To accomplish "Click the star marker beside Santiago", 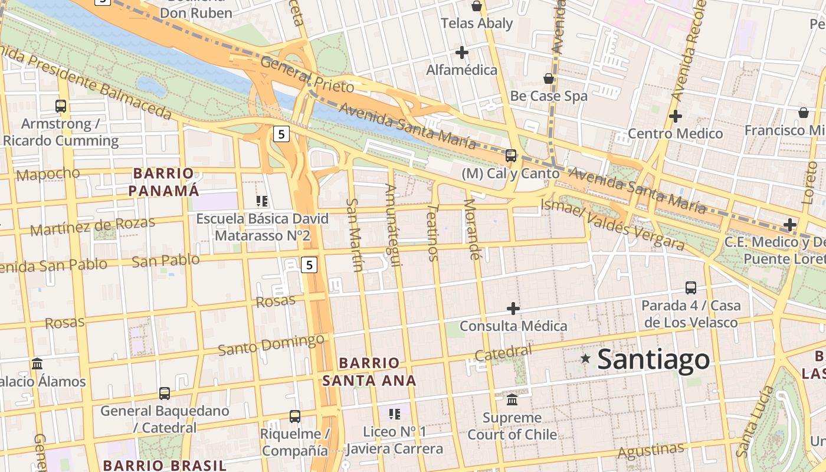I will coord(585,358).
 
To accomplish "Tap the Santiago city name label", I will coord(654,359).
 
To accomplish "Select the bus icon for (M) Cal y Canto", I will coord(511,156).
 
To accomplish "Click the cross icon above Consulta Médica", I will coord(513,308).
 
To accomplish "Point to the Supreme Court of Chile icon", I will coord(512,399).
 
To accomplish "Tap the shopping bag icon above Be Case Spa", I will coord(549,78).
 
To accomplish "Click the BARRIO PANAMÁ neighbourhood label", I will coord(163,182).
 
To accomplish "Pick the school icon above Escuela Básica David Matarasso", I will coord(262,201).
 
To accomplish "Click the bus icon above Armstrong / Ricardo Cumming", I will coord(61,106).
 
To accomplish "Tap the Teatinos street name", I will coord(434,233).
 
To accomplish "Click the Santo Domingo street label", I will coord(271,345).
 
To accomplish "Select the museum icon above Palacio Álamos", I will coord(37,363).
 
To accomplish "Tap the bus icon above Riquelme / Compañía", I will coord(295,417).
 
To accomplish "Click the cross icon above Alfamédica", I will coord(462,53).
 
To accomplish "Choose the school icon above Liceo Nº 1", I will coord(395,414).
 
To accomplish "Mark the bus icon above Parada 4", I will coord(691,288).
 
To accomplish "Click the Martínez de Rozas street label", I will coord(93,225).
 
